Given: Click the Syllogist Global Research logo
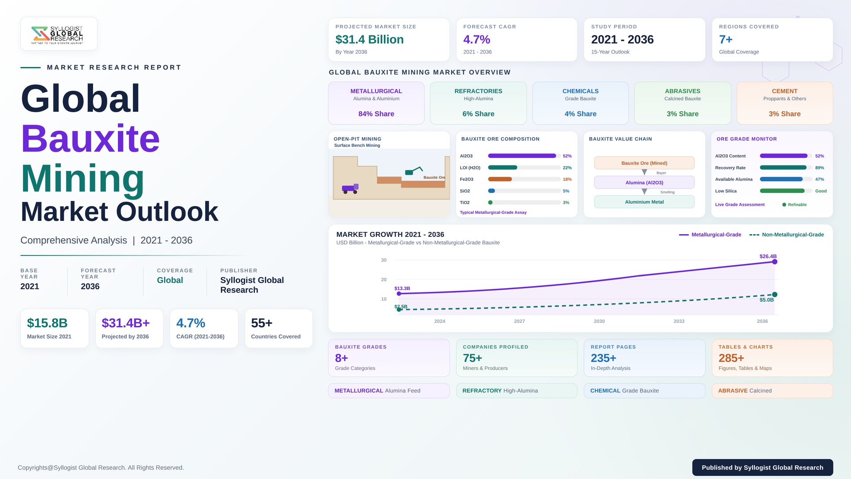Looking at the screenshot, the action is click(57, 35).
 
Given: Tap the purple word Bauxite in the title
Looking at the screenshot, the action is click(90, 138).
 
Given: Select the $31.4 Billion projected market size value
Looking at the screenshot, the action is click(370, 39).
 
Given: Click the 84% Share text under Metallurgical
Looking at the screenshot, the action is click(376, 114).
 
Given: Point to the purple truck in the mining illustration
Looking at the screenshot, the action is click(350, 188).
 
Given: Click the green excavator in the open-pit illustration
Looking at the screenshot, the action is click(414, 171).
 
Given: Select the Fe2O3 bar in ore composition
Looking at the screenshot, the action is click(500, 179).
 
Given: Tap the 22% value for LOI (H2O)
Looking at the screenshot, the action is click(567, 168).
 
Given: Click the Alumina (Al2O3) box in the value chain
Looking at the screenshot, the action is click(644, 182).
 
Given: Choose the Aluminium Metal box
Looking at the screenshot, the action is click(644, 202).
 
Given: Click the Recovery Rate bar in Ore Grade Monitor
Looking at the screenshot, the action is click(783, 168).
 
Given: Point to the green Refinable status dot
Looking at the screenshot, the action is click(784, 205).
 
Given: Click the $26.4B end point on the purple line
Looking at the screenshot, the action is click(775, 262).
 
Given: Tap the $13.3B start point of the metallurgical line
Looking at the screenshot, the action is click(399, 294).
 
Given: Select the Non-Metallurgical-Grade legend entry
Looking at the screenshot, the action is click(787, 235).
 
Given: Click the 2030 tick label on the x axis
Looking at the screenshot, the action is click(599, 321).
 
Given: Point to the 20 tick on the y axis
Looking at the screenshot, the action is click(384, 279).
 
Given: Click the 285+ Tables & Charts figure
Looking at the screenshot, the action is click(731, 358).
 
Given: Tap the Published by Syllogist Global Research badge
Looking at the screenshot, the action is click(762, 467).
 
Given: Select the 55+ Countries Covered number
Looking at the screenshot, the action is click(262, 323).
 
